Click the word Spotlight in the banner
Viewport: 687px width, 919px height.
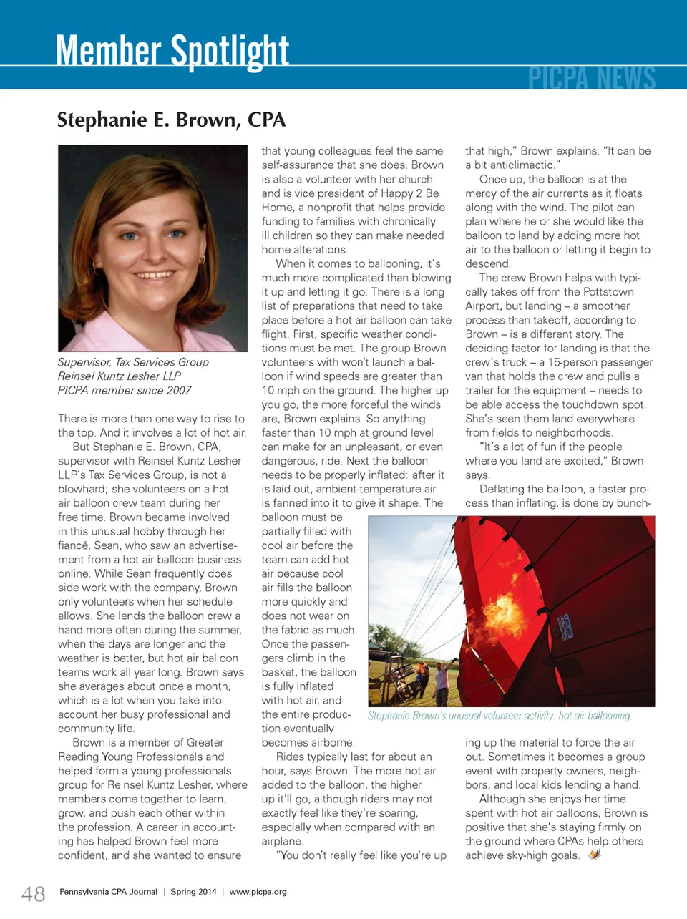click(230, 52)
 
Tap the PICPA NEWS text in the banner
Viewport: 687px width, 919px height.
click(592, 77)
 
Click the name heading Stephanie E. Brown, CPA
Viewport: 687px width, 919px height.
click(171, 120)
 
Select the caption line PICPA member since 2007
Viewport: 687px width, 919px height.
click(125, 390)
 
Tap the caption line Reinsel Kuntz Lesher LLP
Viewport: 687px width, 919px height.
click(120, 376)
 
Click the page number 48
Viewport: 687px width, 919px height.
click(34, 893)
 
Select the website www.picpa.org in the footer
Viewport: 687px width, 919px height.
click(258, 892)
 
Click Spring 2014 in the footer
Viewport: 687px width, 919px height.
click(193, 892)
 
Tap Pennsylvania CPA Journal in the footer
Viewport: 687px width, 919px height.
click(108, 892)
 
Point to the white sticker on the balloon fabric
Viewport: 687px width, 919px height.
click(565, 625)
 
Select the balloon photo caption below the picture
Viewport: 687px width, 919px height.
click(500, 716)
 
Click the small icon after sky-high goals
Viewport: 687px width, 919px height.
click(593, 855)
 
